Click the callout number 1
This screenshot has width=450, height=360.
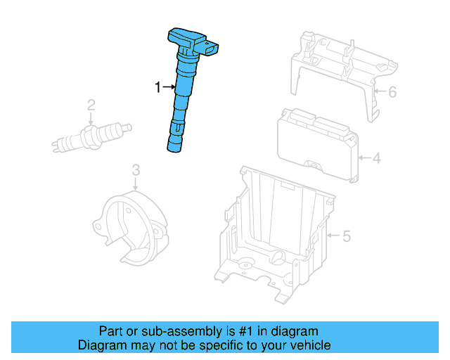[158, 87]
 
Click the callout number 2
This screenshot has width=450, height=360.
[91, 106]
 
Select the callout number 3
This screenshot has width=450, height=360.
[136, 169]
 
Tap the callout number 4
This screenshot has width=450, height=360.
[376, 158]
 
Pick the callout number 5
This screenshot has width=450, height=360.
[345, 236]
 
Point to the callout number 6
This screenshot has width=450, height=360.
[392, 91]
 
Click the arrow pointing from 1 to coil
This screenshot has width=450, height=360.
[169, 87]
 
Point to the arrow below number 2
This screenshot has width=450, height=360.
[91, 119]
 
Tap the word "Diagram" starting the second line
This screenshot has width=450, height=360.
[101, 345]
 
